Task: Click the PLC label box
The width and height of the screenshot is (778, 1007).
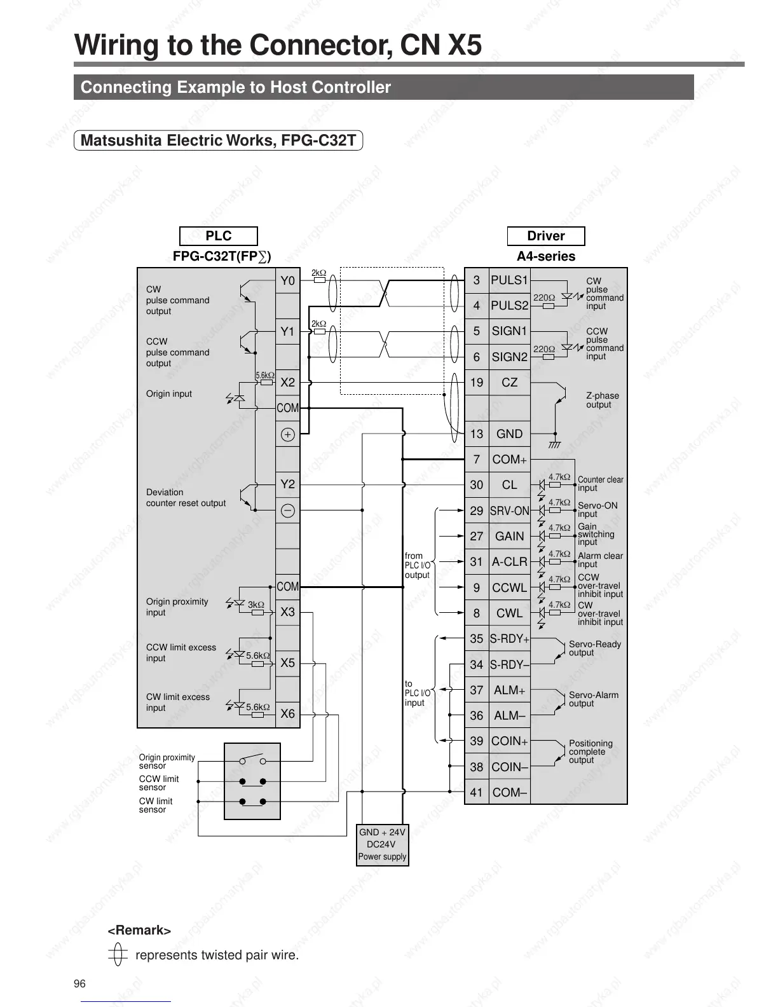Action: pos(218,236)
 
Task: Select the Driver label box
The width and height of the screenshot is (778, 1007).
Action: pos(545,236)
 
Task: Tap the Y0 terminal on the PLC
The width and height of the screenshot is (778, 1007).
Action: pos(288,280)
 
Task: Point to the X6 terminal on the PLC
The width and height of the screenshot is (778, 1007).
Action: pos(288,714)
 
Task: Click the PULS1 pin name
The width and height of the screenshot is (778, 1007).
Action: pos(509,280)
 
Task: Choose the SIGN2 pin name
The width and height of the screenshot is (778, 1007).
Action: pos(509,357)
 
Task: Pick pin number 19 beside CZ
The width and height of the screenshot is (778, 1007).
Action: pos(477,383)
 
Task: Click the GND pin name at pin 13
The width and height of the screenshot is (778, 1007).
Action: pos(509,434)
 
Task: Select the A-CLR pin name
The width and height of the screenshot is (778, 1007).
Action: pos(509,562)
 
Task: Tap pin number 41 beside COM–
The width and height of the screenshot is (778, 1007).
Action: pos(477,793)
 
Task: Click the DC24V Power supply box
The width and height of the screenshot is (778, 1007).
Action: pos(382,844)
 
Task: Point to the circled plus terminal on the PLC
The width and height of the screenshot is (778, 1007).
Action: pos(288,435)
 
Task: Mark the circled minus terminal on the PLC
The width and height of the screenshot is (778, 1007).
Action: pos(288,510)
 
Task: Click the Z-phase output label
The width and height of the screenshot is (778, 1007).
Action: pos(602,400)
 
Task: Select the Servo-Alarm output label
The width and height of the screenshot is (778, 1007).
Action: pos(593,699)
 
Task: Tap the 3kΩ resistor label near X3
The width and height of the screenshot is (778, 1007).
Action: pos(256,605)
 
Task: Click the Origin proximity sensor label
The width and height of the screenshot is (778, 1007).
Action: pos(167,762)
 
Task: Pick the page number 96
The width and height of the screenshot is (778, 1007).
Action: pos(79,984)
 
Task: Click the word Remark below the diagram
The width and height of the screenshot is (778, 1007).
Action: pos(139,931)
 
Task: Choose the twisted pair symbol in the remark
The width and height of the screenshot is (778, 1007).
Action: pos(117,955)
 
